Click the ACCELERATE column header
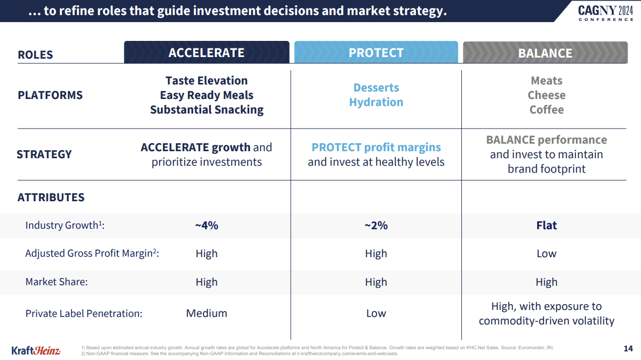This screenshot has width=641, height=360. click(x=207, y=53)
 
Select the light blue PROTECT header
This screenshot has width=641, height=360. click(x=376, y=53)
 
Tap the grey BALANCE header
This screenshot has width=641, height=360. click(x=545, y=53)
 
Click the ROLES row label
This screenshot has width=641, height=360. click(x=36, y=55)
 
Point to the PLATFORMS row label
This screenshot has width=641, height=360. click(x=50, y=95)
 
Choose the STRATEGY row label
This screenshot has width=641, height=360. click(x=44, y=154)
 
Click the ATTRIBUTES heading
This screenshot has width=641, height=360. click(x=51, y=197)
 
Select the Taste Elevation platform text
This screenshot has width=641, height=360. click(x=207, y=81)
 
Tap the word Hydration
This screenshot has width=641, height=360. click(x=376, y=102)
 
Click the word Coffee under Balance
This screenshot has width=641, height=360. click(x=546, y=110)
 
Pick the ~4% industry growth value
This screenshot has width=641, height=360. click(x=207, y=225)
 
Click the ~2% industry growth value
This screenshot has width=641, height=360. click(x=376, y=225)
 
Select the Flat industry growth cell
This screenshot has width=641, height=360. click(x=546, y=225)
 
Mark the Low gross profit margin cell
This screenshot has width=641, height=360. click(x=546, y=254)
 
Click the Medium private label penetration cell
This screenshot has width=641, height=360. click(x=207, y=313)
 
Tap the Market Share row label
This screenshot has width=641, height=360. click(x=57, y=282)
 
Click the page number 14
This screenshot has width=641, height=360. click(x=628, y=348)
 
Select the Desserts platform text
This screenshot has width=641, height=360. click(x=376, y=88)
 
